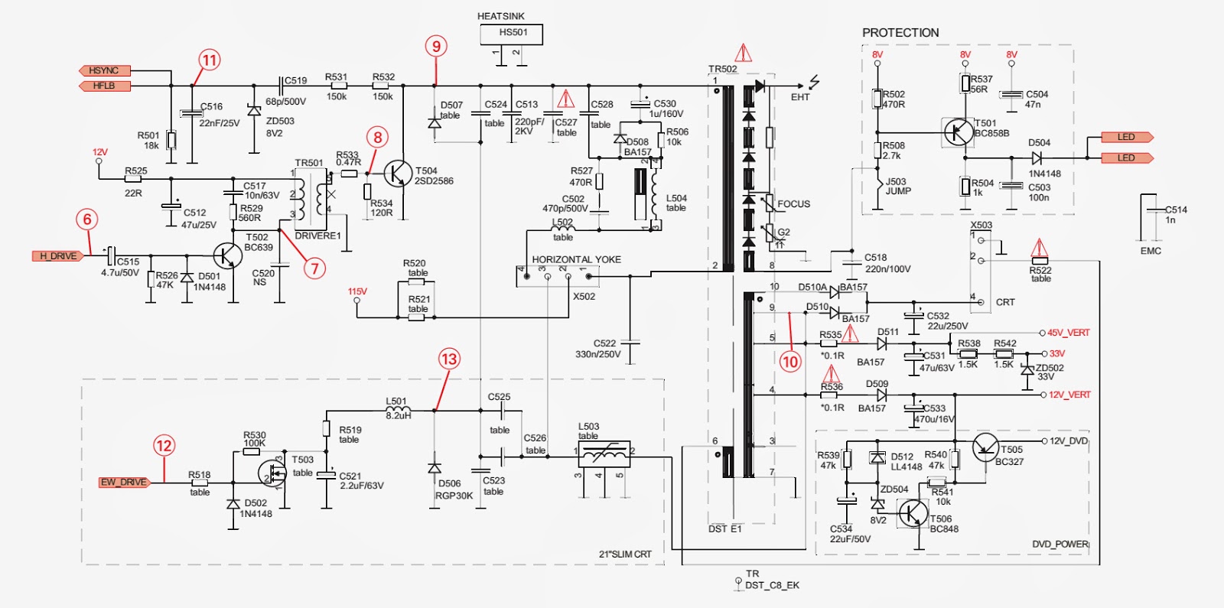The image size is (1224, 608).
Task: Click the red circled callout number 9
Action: coord(436,47)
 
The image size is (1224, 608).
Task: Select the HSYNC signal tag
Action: coord(105,70)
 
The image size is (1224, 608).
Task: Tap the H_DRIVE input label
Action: coord(58,255)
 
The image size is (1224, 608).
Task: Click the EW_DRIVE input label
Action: coord(124,482)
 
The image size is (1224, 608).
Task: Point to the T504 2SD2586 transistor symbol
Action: coord(396,174)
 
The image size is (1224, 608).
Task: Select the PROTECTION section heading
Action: coord(900,33)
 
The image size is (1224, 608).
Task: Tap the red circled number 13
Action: coord(449,359)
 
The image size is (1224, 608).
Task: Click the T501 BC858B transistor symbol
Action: coord(958,132)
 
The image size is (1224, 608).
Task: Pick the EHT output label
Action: coord(800,97)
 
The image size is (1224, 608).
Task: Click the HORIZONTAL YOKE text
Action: coord(576,259)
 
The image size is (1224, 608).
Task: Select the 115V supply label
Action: coord(357,291)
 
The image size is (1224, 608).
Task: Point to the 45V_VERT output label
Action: coord(1069,333)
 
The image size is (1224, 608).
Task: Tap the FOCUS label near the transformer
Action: coord(793,204)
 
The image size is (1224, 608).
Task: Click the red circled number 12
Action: coord(164,446)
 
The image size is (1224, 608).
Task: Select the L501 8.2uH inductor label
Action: coord(398,408)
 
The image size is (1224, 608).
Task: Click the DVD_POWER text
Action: coord(1060,544)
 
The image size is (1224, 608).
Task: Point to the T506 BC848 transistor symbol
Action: coord(913,513)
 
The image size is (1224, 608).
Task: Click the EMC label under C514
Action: coord(1151,251)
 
